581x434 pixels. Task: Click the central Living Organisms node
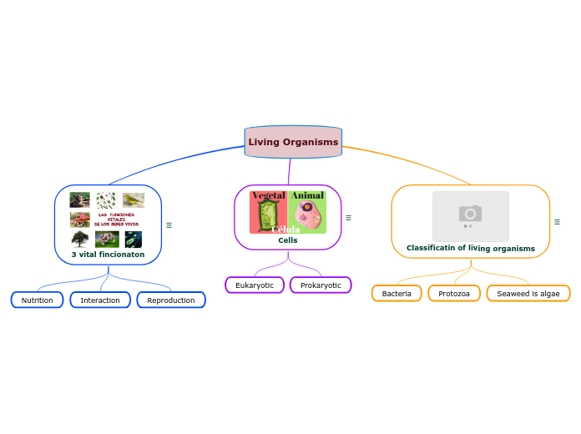(x=293, y=142)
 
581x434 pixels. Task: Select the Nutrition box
(x=37, y=300)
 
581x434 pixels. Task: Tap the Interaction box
(x=100, y=300)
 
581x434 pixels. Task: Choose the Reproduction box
(x=171, y=300)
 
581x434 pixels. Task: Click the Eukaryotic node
(x=255, y=285)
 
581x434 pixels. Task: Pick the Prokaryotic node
(x=321, y=285)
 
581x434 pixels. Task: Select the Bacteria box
(x=397, y=294)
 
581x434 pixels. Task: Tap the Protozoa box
(x=454, y=294)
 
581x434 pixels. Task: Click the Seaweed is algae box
(x=528, y=294)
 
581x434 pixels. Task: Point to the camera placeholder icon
(x=471, y=214)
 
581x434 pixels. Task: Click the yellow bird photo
(x=134, y=199)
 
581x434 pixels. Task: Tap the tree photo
(x=80, y=240)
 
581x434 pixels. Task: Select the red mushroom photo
(x=80, y=220)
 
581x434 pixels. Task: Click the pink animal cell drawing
(x=309, y=214)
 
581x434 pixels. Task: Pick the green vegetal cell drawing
(x=267, y=215)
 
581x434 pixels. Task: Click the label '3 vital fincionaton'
(x=108, y=255)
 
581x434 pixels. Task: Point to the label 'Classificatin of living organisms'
(x=471, y=248)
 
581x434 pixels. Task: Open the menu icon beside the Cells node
(x=348, y=218)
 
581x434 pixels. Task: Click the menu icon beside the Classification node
(x=557, y=222)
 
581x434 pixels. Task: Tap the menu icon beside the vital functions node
(x=169, y=225)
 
